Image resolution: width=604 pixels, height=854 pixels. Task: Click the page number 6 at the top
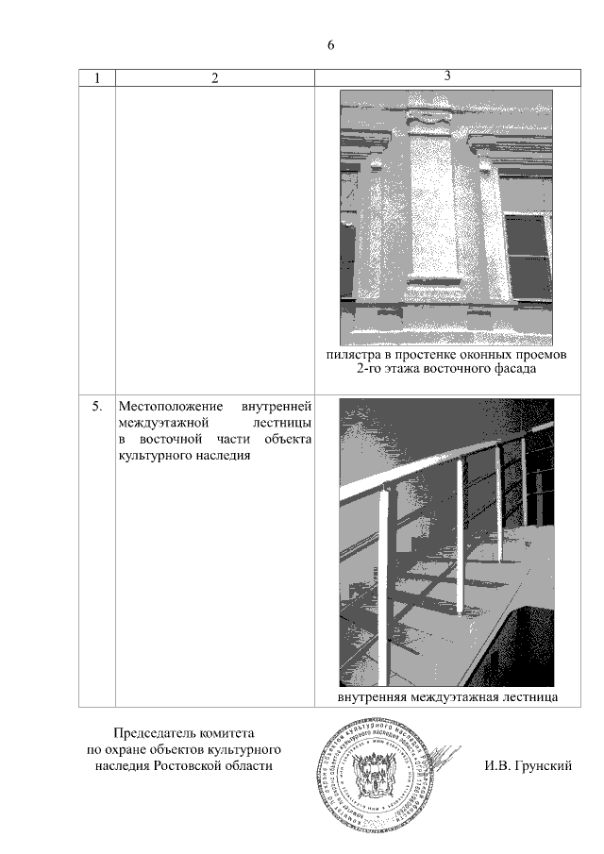[331, 45]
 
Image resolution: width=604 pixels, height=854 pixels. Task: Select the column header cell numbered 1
[96, 79]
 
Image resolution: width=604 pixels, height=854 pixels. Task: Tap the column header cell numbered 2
[215, 79]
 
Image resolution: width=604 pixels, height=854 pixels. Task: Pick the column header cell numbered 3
[446, 76]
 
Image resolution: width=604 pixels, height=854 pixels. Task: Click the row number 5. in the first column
[96, 407]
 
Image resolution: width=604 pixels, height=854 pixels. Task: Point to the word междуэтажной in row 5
[157, 423]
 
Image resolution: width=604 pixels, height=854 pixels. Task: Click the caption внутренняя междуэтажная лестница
[446, 697]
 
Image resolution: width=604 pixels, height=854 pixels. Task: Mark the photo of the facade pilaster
[446, 217]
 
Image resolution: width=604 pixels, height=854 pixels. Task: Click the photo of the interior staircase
[446, 543]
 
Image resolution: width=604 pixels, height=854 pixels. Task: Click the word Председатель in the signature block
[152, 733]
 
